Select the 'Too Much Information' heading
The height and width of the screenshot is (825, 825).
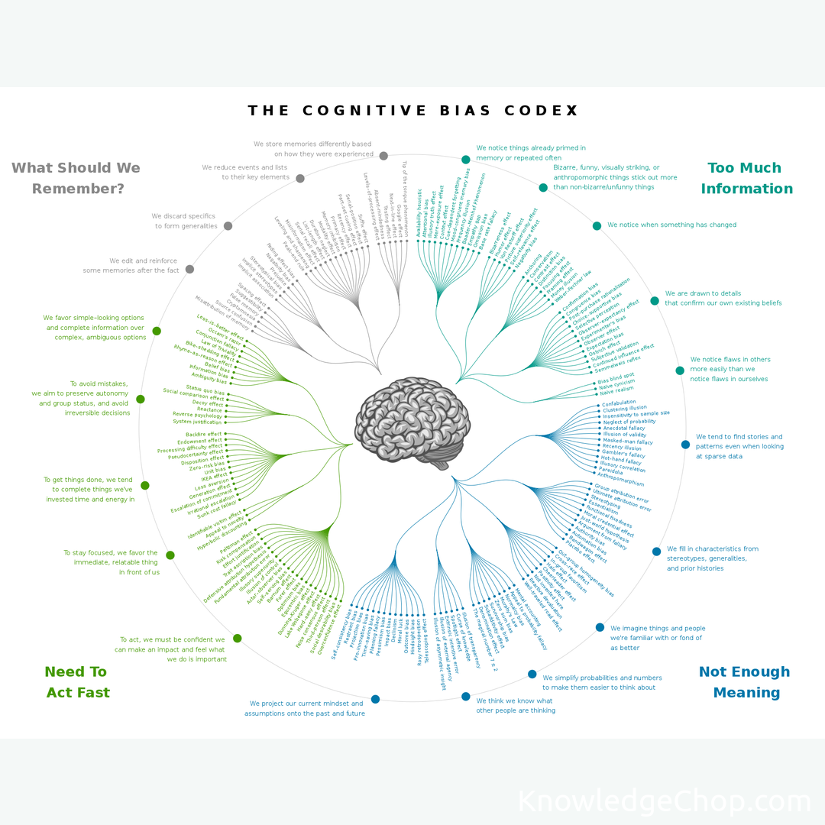pos(746,178)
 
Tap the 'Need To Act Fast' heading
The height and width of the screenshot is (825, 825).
pos(76,682)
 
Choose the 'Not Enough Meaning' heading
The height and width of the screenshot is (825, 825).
pos(743,682)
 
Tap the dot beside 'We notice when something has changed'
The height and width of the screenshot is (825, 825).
pos(597,225)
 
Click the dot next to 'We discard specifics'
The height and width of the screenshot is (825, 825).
pos(228,226)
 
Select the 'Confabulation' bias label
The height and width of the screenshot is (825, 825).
pos(619,403)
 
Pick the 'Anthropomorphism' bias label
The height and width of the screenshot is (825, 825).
pos(620,480)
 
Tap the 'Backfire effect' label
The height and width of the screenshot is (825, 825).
pos(203,434)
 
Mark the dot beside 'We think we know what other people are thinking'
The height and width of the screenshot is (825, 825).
pos(466,696)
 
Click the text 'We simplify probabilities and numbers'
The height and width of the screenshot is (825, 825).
pos(602,678)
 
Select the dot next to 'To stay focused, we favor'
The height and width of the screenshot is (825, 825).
pos(170,555)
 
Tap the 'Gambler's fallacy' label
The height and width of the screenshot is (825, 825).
pos(623,455)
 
